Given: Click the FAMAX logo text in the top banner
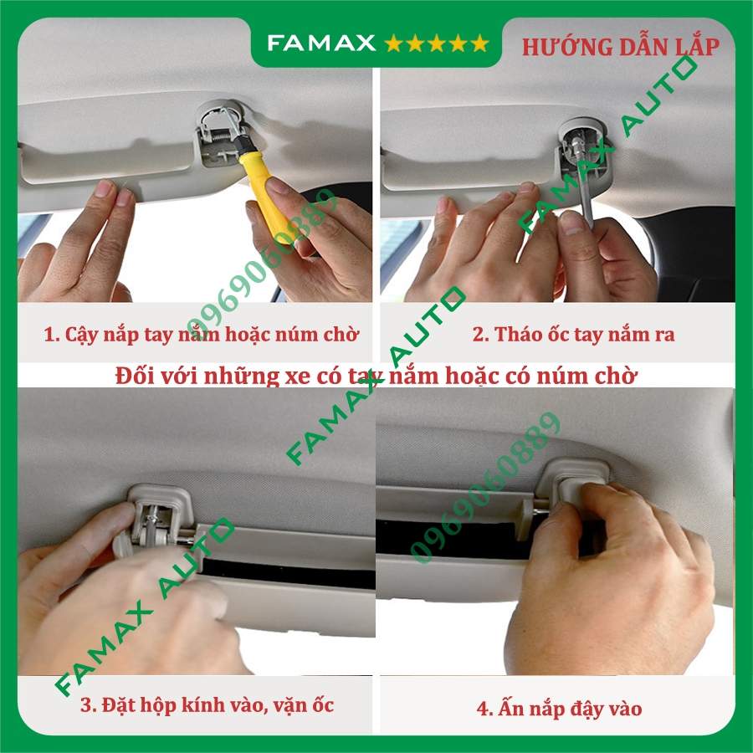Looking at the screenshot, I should [x=320, y=43].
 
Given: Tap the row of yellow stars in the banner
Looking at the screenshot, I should [x=436, y=43].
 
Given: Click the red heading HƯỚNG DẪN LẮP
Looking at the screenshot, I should [x=620, y=47].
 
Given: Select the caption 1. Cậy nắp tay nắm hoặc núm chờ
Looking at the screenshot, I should [x=201, y=335].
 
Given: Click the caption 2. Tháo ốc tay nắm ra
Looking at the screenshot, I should [x=573, y=335].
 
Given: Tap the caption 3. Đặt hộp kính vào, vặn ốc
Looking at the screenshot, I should [x=207, y=704].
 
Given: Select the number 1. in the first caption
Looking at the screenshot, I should [x=50, y=335].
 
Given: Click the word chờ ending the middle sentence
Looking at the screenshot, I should [x=618, y=376].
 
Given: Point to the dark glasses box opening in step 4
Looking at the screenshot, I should [x=452, y=540].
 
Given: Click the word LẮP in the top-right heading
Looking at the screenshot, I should [x=695, y=47].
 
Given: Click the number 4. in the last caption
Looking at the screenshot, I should [x=485, y=709].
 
